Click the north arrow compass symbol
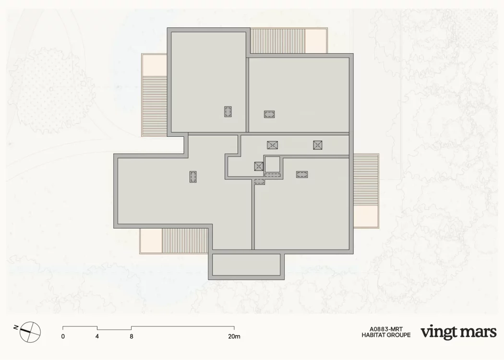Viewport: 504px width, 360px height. (x=30, y=332)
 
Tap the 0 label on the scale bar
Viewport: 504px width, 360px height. (x=63, y=336)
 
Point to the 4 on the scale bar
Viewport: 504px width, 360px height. (x=97, y=336)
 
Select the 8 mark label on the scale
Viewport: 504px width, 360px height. (x=132, y=336)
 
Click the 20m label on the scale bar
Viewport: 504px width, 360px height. (x=234, y=336)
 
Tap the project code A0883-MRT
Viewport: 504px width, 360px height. (x=386, y=329)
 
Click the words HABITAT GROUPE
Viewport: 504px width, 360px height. (x=386, y=335)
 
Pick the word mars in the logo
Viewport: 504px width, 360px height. (x=478, y=332)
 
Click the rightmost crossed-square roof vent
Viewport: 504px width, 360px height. (x=318, y=145)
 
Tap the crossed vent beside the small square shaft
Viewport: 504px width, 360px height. (x=259, y=166)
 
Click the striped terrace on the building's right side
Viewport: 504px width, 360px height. (x=366, y=180)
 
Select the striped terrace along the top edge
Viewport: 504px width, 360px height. (x=277, y=41)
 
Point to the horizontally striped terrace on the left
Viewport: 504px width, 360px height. (x=155, y=106)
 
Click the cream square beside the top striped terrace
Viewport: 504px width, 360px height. (x=316, y=41)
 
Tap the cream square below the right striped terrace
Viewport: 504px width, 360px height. (x=366, y=216)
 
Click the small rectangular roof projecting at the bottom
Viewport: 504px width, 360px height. (x=246, y=266)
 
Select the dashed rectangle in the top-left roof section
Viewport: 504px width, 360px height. (x=228, y=111)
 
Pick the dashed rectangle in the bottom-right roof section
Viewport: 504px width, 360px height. (x=302, y=175)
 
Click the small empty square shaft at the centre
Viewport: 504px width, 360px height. (x=272, y=165)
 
